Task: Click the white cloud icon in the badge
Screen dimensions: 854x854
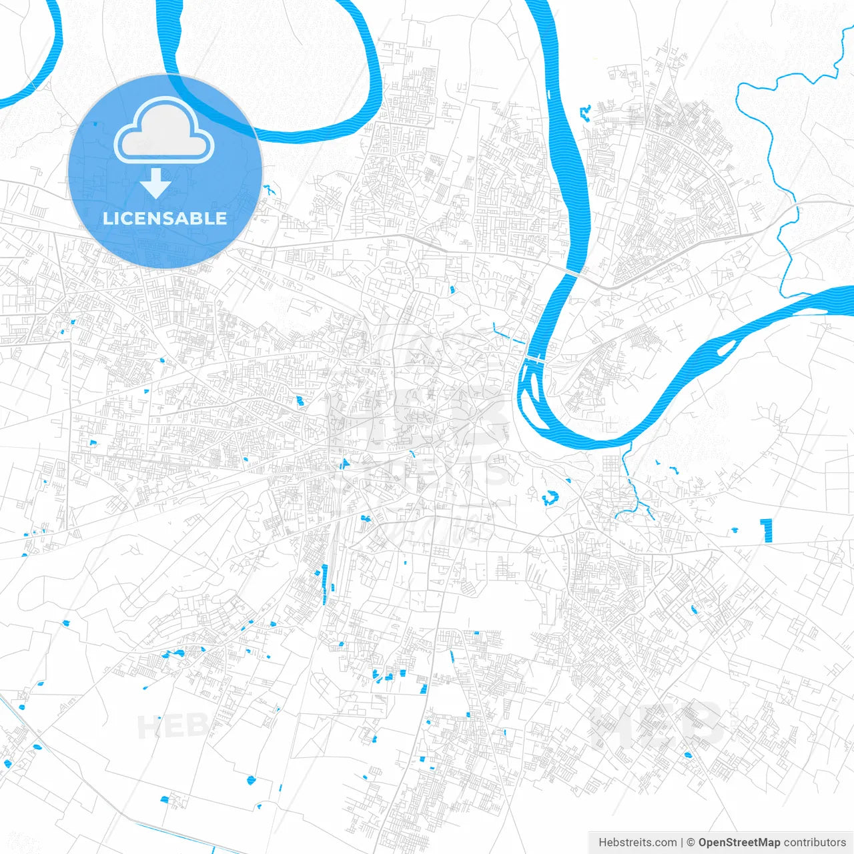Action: tap(164, 130)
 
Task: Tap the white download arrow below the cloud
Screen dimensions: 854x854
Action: tap(156, 183)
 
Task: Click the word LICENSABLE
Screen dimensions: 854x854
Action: tap(165, 218)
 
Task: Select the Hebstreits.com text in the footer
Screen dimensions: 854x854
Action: tap(637, 842)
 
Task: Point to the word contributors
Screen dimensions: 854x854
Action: tap(815, 842)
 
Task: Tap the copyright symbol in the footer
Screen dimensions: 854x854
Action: tap(691, 842)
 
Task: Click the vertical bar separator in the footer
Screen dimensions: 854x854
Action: tap(682, 842)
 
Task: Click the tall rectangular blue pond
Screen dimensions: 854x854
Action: tap(767, 530)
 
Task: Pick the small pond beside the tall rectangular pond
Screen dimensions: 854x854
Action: tap(735, 530)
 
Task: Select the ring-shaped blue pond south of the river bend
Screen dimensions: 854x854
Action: tap(550, 497)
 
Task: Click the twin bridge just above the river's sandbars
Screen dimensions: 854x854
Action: tap(536, 359)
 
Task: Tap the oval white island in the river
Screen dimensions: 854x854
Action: tap(727, 347)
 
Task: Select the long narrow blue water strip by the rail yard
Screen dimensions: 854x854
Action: tap(325, 584)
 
